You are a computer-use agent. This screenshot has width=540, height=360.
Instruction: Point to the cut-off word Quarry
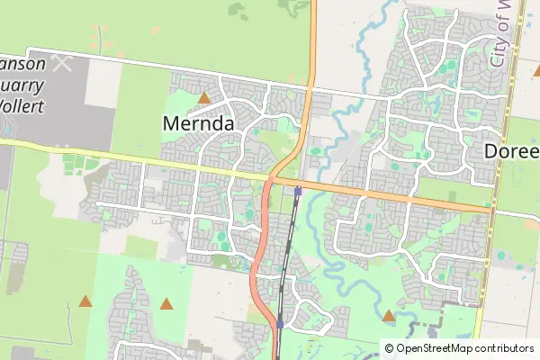[25, 85]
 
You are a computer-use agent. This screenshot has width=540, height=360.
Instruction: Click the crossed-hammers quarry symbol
[62, 63]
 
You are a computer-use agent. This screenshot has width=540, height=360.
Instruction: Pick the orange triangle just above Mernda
[205, 97]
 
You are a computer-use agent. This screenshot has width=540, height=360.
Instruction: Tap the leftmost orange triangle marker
[85, 301]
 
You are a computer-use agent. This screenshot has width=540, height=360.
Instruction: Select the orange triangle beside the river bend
[389, 316]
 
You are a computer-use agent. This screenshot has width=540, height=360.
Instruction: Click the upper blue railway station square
[298, 190]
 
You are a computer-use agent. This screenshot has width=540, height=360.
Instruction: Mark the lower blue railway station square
[281, 324]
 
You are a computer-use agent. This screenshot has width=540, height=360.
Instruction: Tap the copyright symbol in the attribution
[389, 348]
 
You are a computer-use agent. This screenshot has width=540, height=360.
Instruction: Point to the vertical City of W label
[501, 34]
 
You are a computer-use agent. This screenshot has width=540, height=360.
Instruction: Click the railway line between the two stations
[288, 261]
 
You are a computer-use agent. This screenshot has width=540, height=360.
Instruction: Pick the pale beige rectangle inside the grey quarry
[103, 82]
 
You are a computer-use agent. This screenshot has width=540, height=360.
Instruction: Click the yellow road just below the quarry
[54, 149]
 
